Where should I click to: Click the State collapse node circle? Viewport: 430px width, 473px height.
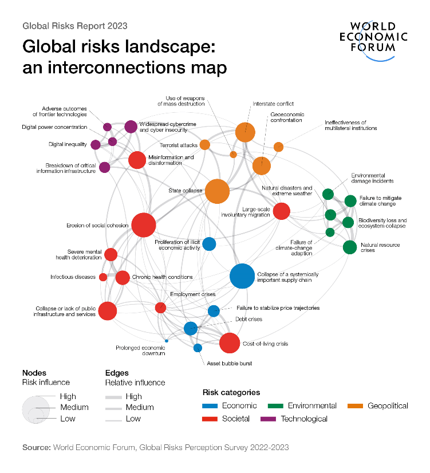click(217, 191)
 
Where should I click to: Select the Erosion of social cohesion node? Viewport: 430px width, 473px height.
click(144, 225)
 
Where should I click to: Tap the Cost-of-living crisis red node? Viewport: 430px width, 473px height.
click(230, 344)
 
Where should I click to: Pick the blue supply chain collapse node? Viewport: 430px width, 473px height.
click(242, 276)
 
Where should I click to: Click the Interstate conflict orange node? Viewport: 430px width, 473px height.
click(245, 132)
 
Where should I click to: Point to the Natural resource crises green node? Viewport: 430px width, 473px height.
click(350, 247)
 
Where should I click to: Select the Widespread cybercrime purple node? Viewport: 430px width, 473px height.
click(131, 127)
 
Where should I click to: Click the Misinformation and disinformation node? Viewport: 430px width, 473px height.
click(137, 160)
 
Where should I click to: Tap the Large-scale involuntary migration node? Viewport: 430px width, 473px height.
click(281, 211)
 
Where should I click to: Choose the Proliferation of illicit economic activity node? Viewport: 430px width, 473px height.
click(209, 244)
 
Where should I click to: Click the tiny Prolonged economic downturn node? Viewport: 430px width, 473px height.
click(167, 341)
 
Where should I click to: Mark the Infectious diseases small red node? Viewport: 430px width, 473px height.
click(103, 277)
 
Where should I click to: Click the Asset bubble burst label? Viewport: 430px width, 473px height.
click(229, 363)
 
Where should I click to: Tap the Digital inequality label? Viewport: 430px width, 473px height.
click(68, 144)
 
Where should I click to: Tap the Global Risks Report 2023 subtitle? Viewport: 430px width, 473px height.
click(74, 26)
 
